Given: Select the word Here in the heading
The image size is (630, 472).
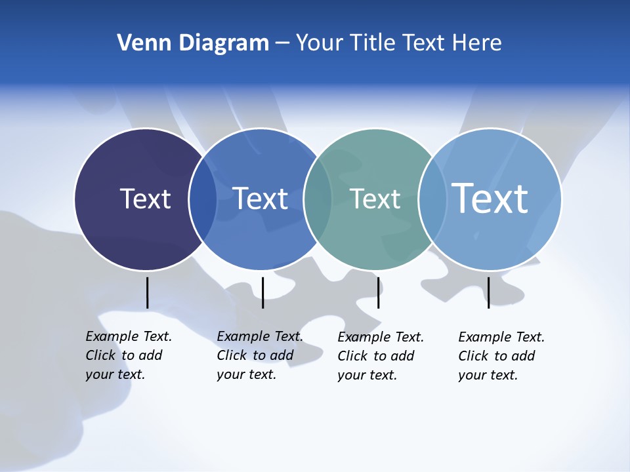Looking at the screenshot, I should point(476,43).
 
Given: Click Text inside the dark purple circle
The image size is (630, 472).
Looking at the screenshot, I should point(145,199).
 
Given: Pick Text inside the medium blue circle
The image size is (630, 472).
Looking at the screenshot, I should point(261,199).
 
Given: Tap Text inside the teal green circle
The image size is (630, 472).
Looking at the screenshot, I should point(375,199).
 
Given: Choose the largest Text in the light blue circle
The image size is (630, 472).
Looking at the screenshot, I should point(490,198).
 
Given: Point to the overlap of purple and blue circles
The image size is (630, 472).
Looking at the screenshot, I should point(203,199).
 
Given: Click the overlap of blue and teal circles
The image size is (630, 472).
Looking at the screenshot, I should point(318,199).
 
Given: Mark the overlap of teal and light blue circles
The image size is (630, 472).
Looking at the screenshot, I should point(432,199).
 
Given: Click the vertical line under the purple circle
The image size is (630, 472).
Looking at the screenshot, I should point(147,292).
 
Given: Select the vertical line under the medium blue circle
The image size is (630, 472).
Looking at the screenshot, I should point(262,292).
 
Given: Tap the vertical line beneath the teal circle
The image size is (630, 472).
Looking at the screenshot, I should point(378,292).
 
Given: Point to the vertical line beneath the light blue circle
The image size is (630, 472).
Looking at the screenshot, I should point(488,292).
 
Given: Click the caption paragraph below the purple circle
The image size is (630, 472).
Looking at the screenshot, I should point(128,355).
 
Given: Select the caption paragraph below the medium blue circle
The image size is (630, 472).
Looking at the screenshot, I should point(259,355).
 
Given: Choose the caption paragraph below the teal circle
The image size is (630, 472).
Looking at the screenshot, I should point(380,356).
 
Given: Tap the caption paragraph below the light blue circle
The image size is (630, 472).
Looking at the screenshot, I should point(501,356).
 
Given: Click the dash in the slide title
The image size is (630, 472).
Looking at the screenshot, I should point(282,44).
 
